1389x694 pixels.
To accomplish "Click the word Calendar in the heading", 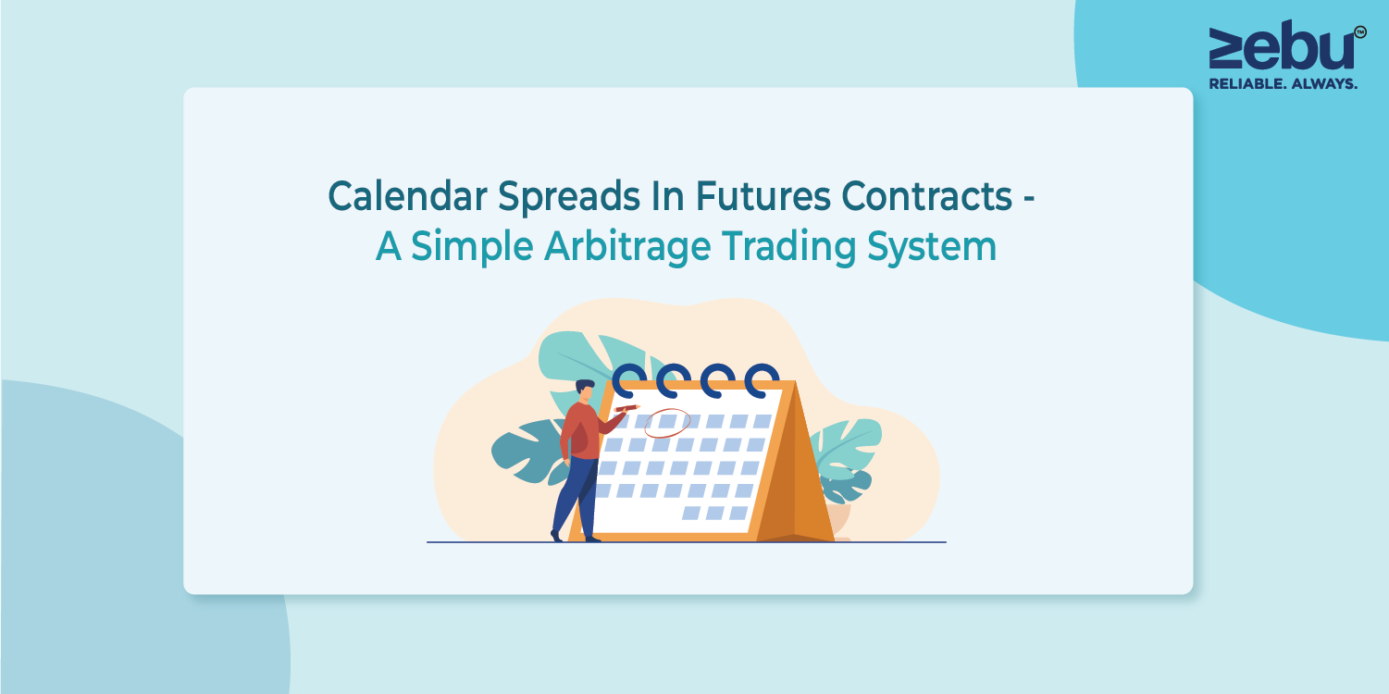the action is pos(407,196).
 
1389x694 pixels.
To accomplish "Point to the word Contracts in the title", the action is pos(926,196).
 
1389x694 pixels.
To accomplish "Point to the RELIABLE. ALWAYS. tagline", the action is pos(1283,83).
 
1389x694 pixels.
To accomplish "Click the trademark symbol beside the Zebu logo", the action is pos(1360,32).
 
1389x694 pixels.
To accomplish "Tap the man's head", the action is pos(585,390).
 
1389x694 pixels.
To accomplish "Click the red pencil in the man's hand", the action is pos(626,408).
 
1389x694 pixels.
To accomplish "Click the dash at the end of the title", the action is pos(1029,198).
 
